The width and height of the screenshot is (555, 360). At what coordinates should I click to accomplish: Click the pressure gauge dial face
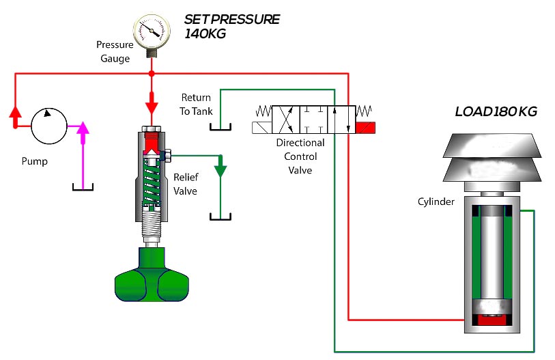[151, 29]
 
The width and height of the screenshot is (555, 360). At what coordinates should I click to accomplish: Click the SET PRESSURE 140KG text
[231, 26]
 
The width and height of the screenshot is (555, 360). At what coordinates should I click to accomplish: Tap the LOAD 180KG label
[496, 112]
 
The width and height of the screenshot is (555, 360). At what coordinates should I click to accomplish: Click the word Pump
[33, 163]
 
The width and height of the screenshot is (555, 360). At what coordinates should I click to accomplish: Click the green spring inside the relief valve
[152, 181]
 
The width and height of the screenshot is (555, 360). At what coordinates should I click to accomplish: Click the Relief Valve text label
[185, 184]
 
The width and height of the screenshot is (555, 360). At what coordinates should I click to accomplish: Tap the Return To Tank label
[197, 105]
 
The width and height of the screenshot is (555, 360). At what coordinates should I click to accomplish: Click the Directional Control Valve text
[300, 156]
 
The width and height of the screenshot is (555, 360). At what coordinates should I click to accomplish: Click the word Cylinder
[436, 202]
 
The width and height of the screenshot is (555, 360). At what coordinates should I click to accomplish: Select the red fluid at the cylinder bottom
[493, 319]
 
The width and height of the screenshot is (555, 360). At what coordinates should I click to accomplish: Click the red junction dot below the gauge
[152, 72]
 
